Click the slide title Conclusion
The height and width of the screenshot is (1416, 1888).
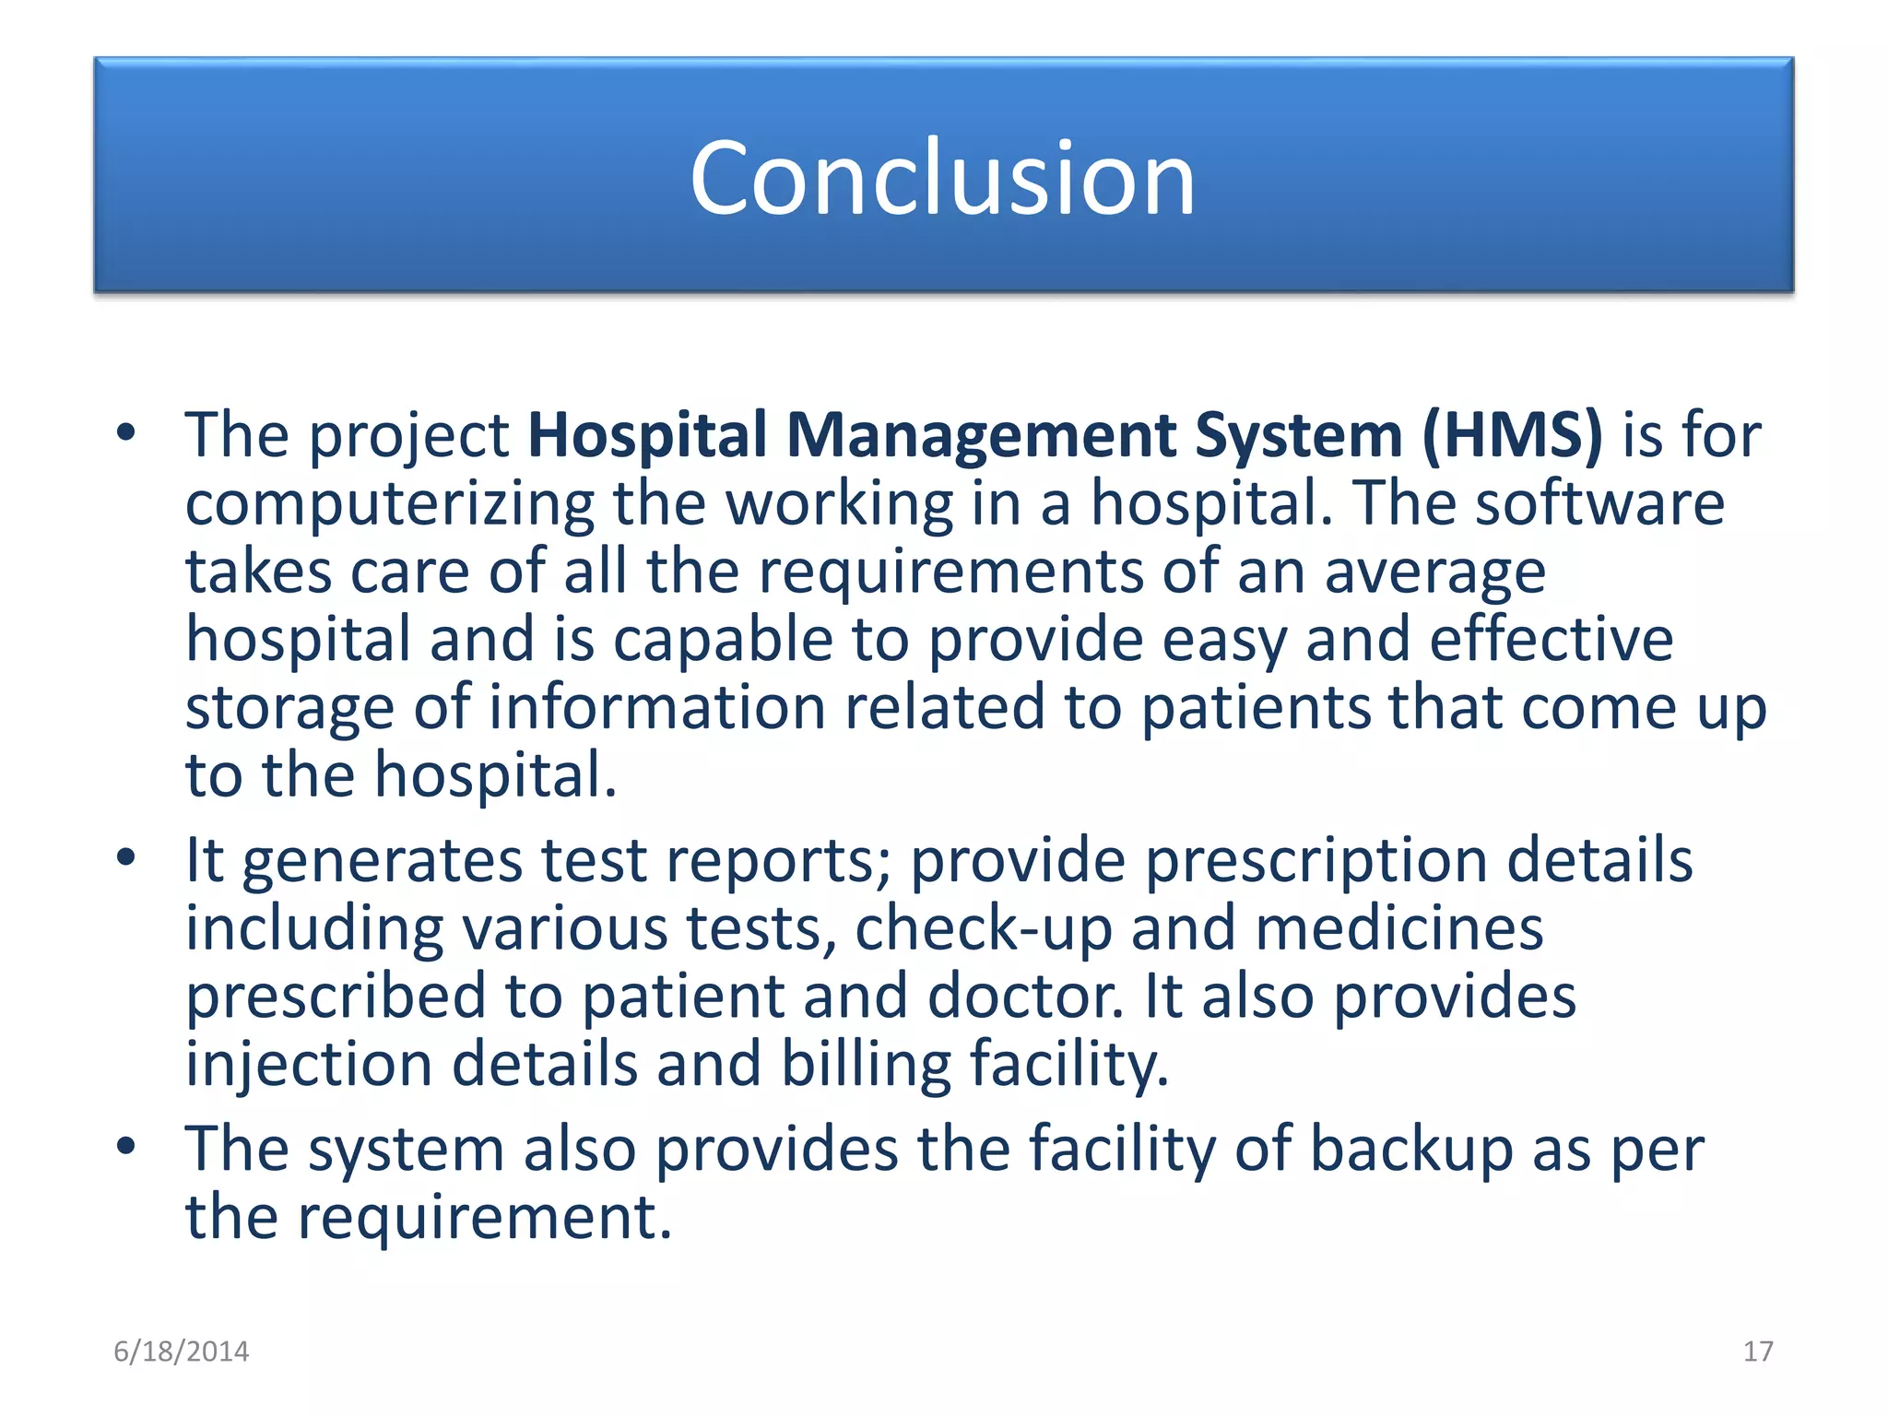click(x=942, y=177)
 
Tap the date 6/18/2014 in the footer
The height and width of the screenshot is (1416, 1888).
click(x=181, y=1351)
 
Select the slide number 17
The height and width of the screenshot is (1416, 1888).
click(x=1758, y=1351)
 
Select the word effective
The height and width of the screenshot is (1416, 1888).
click(x=1551, y=640)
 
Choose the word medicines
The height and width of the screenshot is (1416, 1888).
click(x=1398, y=928)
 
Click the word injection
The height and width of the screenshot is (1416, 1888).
click(x=309, y=1065)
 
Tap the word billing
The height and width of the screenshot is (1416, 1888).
click(x=866, y=1065)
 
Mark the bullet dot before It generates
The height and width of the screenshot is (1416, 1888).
click(x=126, y=858)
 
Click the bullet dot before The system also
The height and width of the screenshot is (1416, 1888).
click(x=126, y=1148)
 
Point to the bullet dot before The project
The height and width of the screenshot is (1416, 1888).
click(x=126, y=432)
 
